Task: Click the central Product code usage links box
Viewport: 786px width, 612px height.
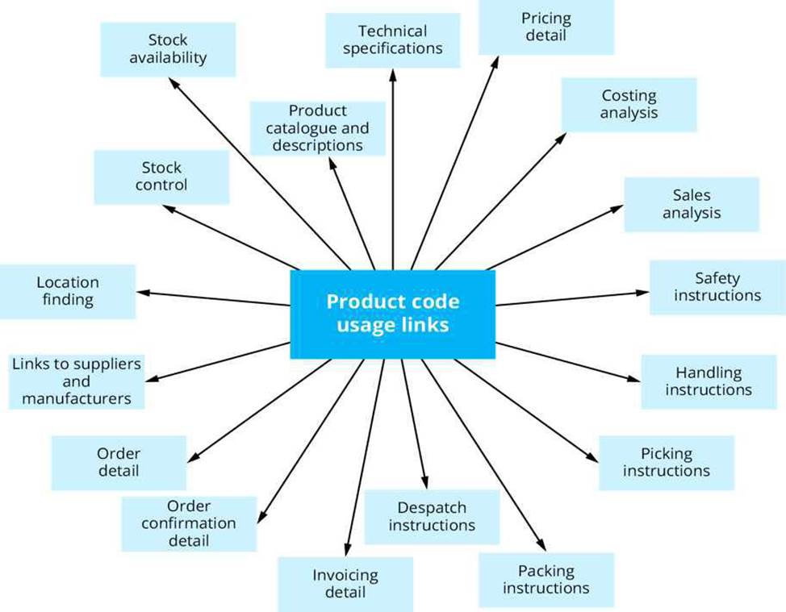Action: (x=392, y=314)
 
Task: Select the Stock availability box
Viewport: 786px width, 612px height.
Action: (x=168, y=49)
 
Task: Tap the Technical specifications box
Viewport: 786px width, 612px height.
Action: (x=392, y=40)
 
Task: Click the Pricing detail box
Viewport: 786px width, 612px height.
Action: (x=546, y=27)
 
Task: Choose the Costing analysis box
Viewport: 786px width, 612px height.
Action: (x=629, y=104)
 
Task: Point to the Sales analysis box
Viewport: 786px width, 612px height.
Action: (x=692, y=204)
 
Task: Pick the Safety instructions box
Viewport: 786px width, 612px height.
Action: (x=718, y=287)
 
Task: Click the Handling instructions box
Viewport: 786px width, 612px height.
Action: (x=709, y=381)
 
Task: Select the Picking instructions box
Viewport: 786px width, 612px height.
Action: (x=667, y=462)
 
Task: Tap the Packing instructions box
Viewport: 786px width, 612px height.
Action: (x=546, y=580)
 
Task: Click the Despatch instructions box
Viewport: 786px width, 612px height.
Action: (x=432, y=517)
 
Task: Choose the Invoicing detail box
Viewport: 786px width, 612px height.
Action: (x=345, y=585)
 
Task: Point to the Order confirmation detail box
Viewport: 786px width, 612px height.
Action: (x=189, y=524)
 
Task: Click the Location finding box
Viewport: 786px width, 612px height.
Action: (x=68, y=291)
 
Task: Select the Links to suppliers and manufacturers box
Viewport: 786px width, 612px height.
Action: (x=77, y=381)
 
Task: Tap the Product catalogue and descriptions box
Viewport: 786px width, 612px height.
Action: (x=318, y=128)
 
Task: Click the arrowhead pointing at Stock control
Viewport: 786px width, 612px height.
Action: (x=169, y=207)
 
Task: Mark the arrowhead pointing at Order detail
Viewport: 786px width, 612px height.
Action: (x=194, y=457)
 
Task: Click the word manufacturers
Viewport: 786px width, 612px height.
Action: (x=77, y=398)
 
